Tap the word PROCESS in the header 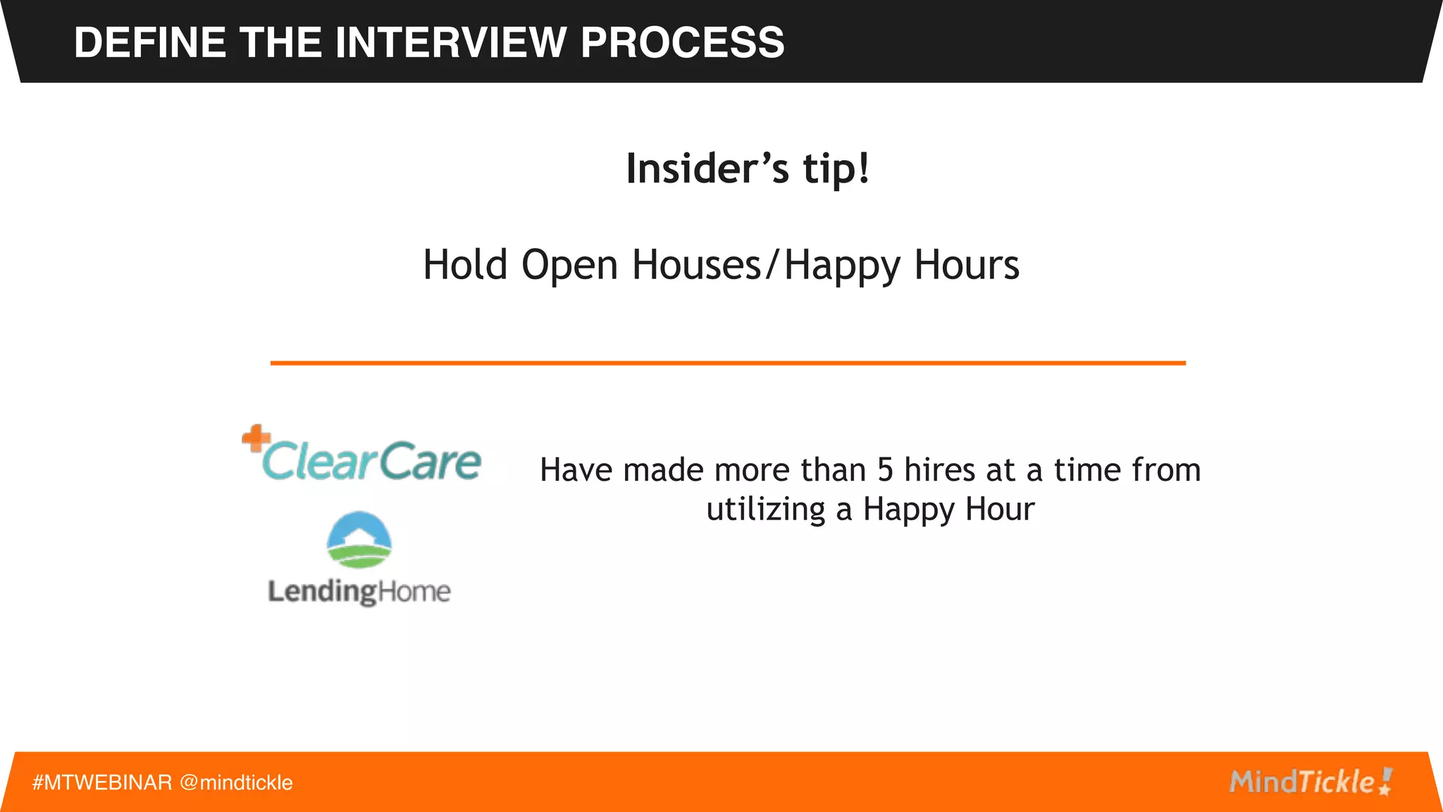click(682, 42)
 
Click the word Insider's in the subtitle click(707, 169)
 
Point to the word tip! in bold click(836, 169)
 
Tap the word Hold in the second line click(465, 266)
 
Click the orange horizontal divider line click(728, 363)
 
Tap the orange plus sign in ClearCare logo click(255, 438)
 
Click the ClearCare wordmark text click(371, 462)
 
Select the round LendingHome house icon click(359, 540)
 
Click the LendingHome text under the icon click(359, 591)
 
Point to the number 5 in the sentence click(885, 470)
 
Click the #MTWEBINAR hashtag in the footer click(102, 782)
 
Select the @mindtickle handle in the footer click(236, 782)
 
